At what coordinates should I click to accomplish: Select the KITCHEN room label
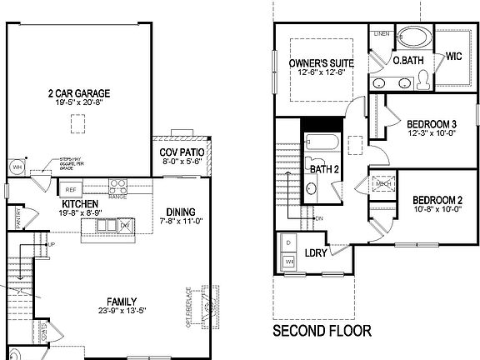coord(80,203)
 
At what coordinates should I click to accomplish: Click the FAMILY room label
coord(122,301)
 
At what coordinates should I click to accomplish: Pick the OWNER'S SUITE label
coord(322,63)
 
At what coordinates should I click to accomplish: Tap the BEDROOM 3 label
coord(432,123)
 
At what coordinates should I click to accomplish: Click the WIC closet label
coord(453,57)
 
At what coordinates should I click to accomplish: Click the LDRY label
coord(315,252)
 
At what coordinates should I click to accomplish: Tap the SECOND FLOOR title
coord(322,331)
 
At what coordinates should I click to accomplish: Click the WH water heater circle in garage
coord(16,167)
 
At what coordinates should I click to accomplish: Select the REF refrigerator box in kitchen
coord(72,189)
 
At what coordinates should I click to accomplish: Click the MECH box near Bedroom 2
coord(383,184)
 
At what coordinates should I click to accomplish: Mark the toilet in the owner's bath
coord(422,78)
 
